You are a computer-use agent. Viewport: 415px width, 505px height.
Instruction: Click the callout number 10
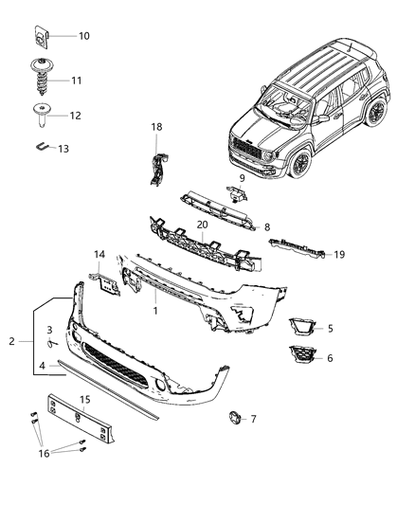(x=83, y=36)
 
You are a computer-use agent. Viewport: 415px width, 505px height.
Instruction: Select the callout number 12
(x=75, y=115)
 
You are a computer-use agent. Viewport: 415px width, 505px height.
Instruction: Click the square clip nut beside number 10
(x=42, y=38)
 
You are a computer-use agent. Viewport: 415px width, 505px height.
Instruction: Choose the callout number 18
(x=157, y=126)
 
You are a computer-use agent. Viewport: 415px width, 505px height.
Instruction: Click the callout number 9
(x=242, y=178)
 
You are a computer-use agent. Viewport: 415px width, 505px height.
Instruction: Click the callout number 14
(x=99, y=255)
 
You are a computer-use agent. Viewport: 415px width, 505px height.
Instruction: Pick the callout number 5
(x=330, y=329)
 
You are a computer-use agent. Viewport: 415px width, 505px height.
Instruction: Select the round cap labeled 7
(x=233, y=417)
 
